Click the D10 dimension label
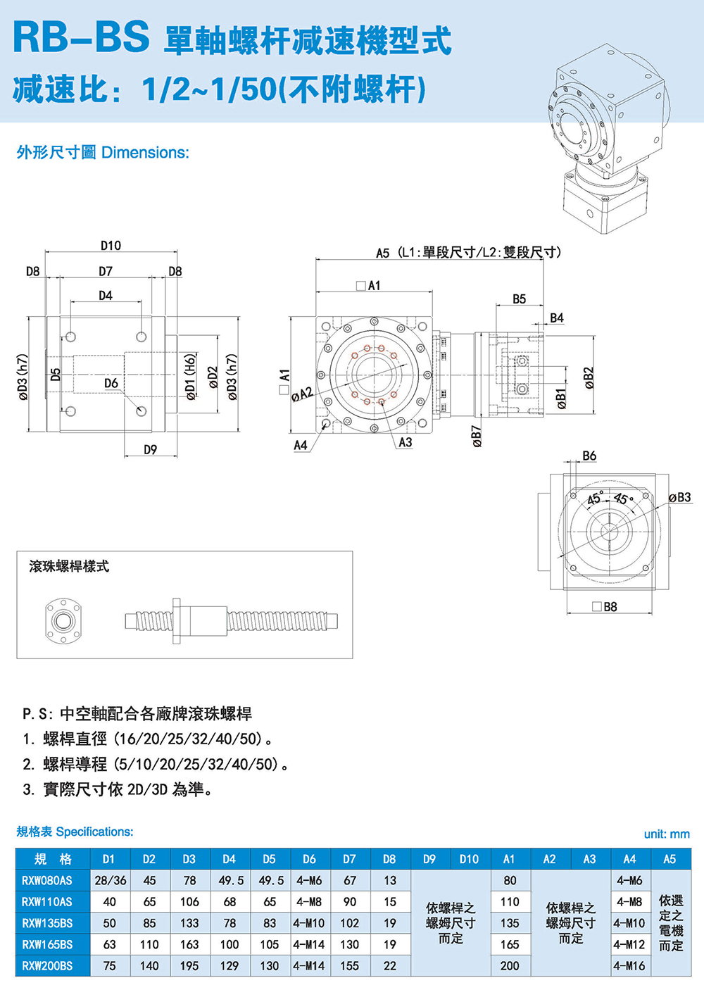coord(111,246)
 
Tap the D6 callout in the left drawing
coord(111,383)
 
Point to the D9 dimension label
coord(150,449)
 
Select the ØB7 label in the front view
coord(477,436)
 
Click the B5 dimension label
coord(519,299)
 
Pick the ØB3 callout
coord(679,497)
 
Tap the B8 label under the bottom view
coord(610,606)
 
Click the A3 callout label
coord(405,442)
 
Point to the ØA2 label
coord(302,394)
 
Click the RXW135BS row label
coord(47,923)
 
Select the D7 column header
coord(349,859)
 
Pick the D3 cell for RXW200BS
coord(189,966)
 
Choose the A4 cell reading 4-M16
coord(629,966)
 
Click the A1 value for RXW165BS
coord(510,944)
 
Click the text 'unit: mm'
coord(667,834)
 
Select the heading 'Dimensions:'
coord(145,153)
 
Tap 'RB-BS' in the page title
coord(81,37)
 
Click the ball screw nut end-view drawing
coord(62,620)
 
